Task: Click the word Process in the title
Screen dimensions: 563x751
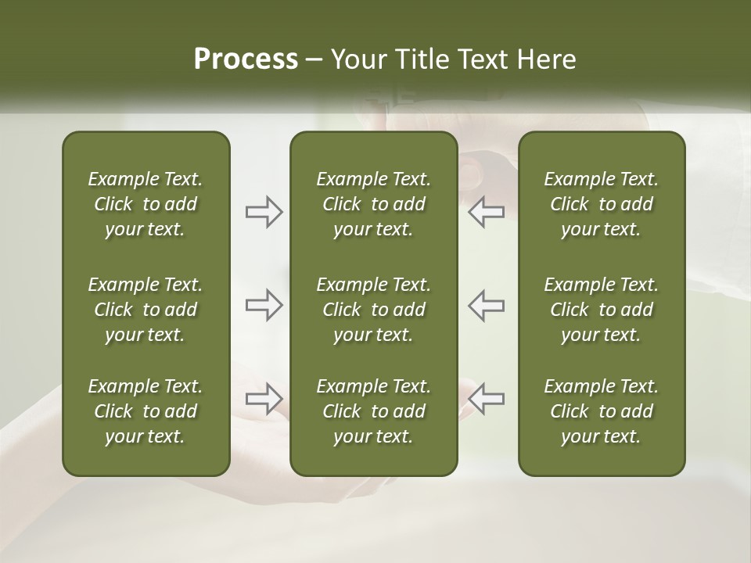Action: [x=246, y=59]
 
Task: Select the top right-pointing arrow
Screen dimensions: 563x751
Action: [x=264, y=212]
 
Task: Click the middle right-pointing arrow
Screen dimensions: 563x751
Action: [x=264, y=305]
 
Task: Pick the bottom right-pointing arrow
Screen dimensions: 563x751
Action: [x=264, y=399]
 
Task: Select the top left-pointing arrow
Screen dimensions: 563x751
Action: [x=486, y=212]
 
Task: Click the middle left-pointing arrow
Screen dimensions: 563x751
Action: [x=486, y=305]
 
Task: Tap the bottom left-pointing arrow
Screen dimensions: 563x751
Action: [x=486, y=399]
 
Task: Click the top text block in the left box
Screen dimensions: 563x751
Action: [x=146, y=204]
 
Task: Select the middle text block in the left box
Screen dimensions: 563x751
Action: [x=146, y=310]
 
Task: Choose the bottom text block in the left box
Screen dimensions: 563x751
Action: [x=146, y=411]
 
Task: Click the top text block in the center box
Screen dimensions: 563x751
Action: [x=373, y=204]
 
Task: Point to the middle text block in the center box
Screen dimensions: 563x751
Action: [x=373, y=310]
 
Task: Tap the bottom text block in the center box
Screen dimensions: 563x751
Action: [x=373, y=411]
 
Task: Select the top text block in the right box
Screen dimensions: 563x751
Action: [x=601, y=204]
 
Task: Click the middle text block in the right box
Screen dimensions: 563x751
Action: [x=601, y=310]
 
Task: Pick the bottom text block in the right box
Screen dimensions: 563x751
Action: [x=601, y=411]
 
